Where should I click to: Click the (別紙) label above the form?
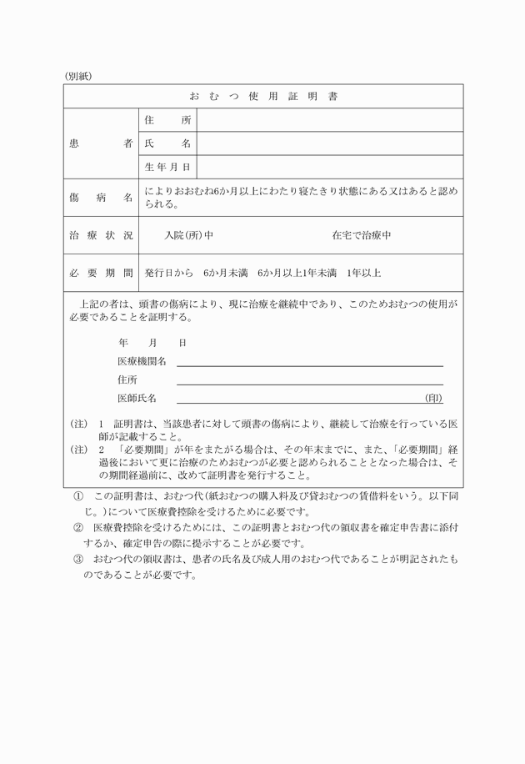click(x=79, y=76)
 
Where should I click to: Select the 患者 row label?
click(x=100, y=143)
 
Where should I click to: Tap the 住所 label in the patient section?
click(x=167, y=120)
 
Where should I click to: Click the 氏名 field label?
click(x=167, y=143)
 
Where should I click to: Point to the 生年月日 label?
click(x=167, y=168)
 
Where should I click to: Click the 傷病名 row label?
click(x=100, y=198)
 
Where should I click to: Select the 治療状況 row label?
click(x=100, y=235)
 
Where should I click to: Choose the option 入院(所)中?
click(x=189, y=235)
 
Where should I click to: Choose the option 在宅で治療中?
click(x=362, y=235)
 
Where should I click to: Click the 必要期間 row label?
click(x=100, y=273)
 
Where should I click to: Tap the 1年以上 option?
click(x=364, y=273)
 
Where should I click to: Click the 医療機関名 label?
click(x=142, y=361)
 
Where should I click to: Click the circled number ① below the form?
click(x=78, y=495)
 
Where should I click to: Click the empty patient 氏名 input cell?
click(x=329, y=143)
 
